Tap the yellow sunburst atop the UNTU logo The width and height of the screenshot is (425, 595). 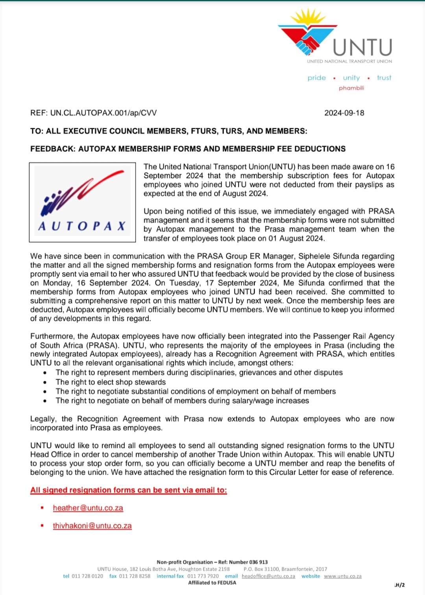click(x=308, y=17)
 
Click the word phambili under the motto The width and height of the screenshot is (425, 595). click(x=351, y=88)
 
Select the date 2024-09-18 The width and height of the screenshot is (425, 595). click(x=344, y=113)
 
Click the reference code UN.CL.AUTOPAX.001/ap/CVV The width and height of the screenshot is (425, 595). click(x=103, y=113)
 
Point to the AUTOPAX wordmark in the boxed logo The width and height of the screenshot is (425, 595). click(x=82, y=226)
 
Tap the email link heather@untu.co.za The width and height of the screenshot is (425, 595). click(x=88, y=508)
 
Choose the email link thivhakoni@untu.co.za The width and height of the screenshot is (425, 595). click(x=92, y=526)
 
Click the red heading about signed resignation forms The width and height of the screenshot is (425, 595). click(x=129, y=490)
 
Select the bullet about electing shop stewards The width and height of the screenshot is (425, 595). click(x=111, y=382)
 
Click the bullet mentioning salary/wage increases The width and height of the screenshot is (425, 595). click(x=182, y=401)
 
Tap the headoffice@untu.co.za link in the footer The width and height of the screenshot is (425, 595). click(x=268, y=576)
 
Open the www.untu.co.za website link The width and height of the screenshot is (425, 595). click(x=343, y=576)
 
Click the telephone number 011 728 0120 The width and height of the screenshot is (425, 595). click(x=87, y=576)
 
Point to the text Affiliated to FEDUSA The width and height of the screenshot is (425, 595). click(x=212, y=583)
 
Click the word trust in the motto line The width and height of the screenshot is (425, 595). click(x=384, y=78)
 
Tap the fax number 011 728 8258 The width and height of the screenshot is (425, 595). click(x=135, y=576)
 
